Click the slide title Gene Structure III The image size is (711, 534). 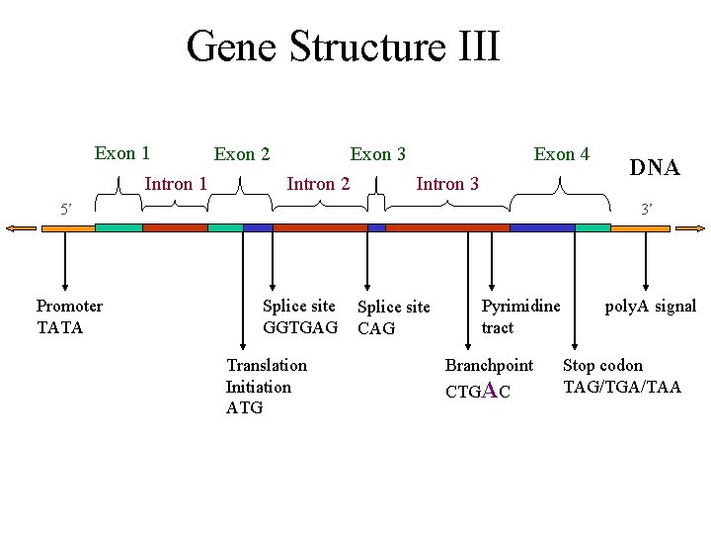(343, 46)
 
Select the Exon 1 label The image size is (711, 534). (122, 153)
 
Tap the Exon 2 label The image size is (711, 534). (242, 154)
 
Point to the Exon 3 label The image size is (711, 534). (378, 154)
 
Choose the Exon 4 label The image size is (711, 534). (561, 154)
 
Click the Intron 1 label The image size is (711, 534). (176, 183)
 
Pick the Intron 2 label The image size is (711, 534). (317, 183)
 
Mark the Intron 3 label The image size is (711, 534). (447, 184)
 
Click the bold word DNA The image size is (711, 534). (655, 168)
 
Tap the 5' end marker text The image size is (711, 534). (66, 210)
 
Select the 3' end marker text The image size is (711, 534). (647, 210)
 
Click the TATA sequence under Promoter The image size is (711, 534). (60, 327)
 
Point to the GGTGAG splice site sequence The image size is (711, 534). (300, 327)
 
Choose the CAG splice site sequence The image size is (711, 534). (376, 328)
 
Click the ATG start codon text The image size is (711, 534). (244, 407)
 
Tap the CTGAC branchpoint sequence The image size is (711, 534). (478, 391)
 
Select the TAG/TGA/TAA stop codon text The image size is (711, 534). (622, 387)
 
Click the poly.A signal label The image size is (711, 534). (650, 307)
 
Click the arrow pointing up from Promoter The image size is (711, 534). (64, 262)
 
